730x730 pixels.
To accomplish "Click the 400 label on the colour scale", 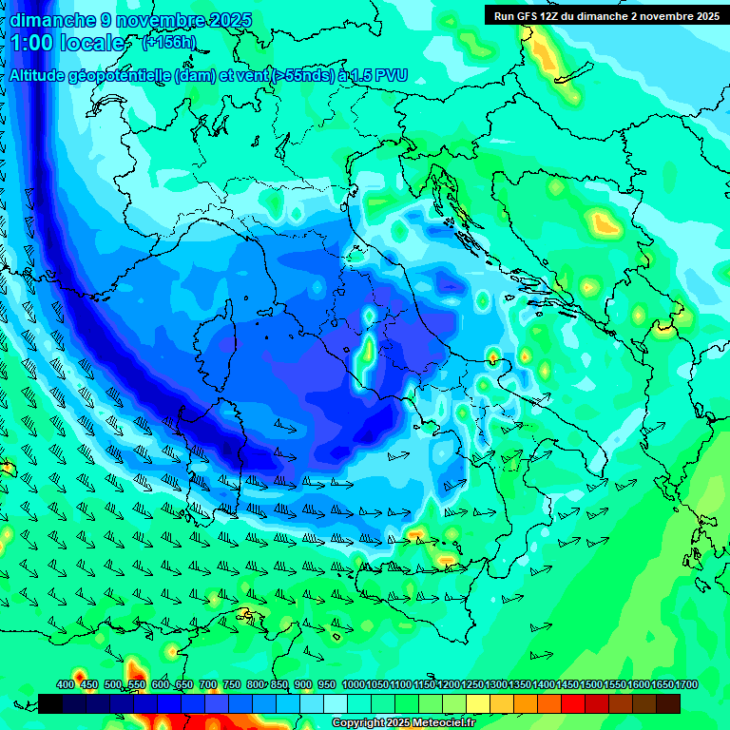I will coord(66,684).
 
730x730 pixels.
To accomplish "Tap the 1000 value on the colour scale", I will coord(354,684).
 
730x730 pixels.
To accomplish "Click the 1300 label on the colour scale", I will coord(496,684).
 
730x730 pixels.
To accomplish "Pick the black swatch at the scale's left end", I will coord(50,703).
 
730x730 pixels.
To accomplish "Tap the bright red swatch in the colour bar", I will coord(573,703).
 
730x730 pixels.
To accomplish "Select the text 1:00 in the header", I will coord(31,44).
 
